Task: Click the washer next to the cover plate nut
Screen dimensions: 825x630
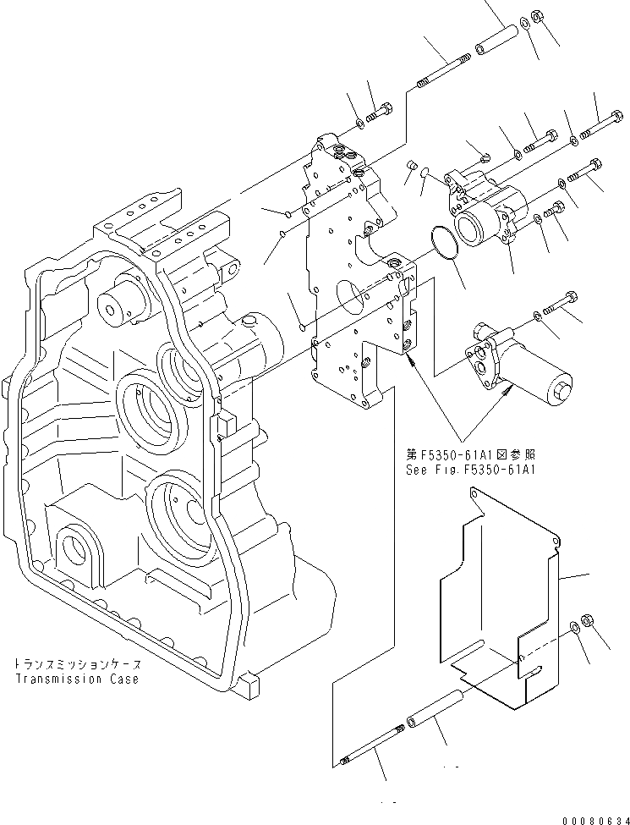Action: (574, 626)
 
